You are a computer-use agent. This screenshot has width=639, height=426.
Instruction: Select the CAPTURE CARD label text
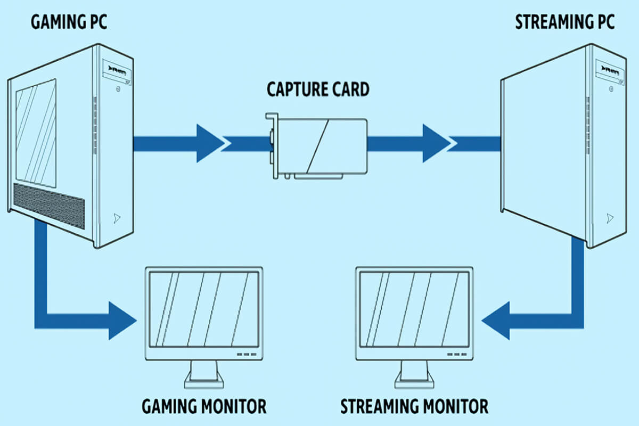pos(318,89)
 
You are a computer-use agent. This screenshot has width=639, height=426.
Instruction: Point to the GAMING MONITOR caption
pos(204,407)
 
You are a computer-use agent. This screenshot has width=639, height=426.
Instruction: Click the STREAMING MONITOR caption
pos(414,407)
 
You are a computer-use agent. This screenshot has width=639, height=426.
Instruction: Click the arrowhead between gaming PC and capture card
pos(211,143)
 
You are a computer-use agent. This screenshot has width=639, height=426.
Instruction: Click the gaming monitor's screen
pos(204,308)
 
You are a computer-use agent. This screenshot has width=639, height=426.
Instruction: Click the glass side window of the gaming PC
pos(36,133)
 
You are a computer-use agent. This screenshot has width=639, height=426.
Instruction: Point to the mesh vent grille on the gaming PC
pos(48,205)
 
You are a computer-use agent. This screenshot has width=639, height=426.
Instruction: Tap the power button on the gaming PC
pos(117,90)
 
